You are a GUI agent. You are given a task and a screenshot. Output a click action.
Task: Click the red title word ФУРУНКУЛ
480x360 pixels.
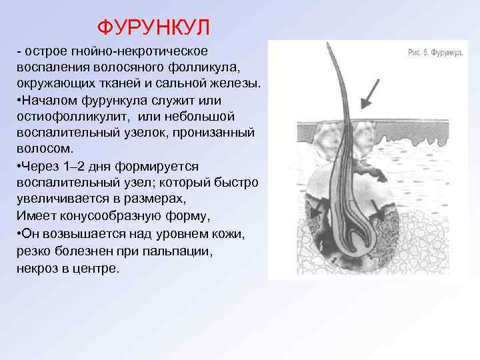tap(153, 27)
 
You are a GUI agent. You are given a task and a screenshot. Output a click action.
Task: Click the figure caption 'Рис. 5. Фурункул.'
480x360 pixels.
tap(435, 52)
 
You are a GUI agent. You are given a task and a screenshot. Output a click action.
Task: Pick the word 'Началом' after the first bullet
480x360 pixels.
tap(46, 100)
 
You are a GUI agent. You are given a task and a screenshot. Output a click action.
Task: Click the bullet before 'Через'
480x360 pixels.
tap(20, 165)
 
